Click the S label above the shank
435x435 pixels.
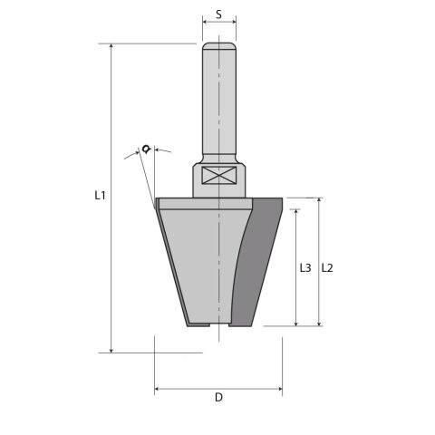coord(218,15)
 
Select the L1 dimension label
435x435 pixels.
coord(101,195)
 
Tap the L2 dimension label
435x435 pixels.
coord(329,267)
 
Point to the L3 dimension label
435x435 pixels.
coord(305,268)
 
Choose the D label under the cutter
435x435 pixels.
coord(218,398)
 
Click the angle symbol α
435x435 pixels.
coord(146,149)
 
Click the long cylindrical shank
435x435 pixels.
coord(218,100)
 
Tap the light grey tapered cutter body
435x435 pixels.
coord(195,263)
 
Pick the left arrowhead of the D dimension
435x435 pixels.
coord(159,390)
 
